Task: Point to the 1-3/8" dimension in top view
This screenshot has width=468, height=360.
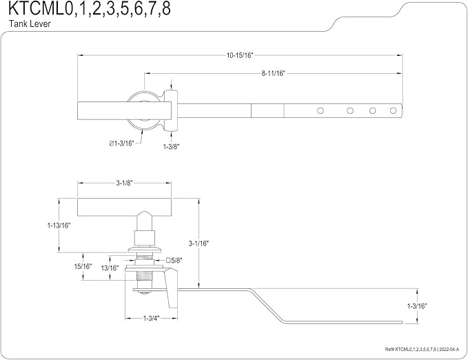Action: [x=171, y=146]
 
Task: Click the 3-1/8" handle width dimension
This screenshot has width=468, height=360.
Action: [x=124, y=183]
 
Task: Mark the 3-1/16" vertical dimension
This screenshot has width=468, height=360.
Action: [x=199, y=243]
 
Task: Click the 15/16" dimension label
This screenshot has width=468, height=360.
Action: [x=83, y=266]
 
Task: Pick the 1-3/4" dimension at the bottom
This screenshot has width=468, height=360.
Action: [x=152, y=318]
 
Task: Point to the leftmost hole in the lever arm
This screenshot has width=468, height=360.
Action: [x=320, y=110]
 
